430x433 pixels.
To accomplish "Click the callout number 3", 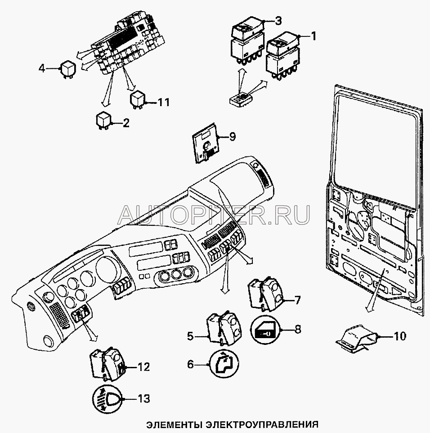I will tap(278, 20).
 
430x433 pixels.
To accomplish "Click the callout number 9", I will tap(232, 137).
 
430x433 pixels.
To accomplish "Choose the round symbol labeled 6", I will tap(223, 365).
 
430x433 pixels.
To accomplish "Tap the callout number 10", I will tap(399, 335).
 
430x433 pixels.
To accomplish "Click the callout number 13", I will tap(143, 398).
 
